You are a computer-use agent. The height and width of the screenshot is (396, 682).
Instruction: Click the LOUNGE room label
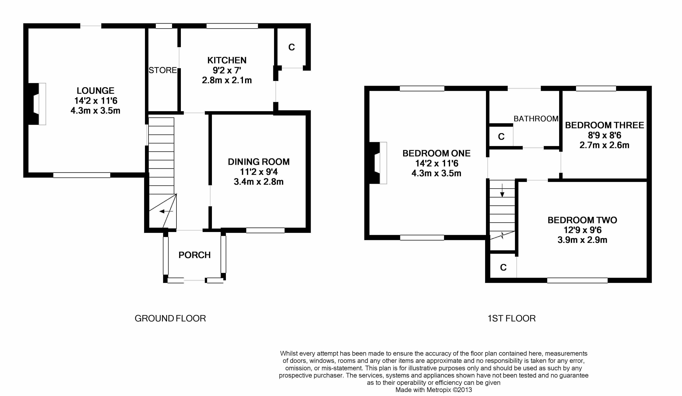(x=96, y=90)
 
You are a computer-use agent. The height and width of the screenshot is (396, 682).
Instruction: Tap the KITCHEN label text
(x=227, y=60)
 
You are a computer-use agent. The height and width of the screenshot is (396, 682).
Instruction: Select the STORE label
(x=163, y=70)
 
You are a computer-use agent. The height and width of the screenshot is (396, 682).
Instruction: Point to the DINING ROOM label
(x=259, y=162)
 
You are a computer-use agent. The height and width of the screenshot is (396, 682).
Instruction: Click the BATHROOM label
(x=536, y=119)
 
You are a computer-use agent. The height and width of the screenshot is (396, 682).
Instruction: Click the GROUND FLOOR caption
(x=170, y=318)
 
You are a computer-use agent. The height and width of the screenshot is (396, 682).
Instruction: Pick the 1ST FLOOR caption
(x=511, y=318)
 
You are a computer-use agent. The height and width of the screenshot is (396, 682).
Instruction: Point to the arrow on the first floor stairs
(x=502, y=190)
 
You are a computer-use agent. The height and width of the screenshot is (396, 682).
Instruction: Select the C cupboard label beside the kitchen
(x=291, y=47)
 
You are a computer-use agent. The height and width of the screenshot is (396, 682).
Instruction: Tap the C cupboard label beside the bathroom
(x=501, y=137)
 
